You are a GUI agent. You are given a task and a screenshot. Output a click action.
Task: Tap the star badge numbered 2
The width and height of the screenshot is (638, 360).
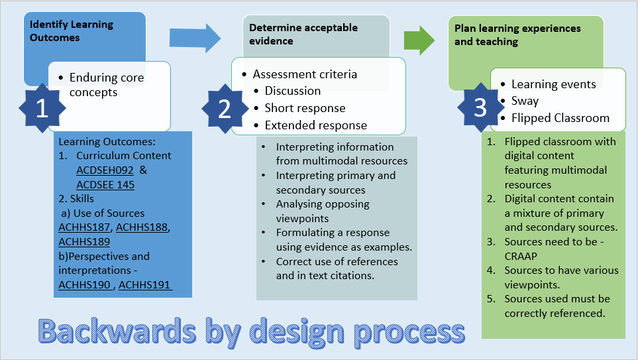[225, 109]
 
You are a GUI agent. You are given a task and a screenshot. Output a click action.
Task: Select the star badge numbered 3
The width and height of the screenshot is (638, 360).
[481, 108]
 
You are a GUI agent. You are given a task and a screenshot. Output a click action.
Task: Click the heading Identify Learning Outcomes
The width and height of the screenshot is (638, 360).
[72, 31]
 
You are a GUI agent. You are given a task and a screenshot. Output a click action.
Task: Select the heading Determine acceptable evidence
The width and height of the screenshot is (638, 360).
[303, 34]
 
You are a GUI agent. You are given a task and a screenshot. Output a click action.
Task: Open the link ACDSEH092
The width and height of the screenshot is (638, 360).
[105, 170]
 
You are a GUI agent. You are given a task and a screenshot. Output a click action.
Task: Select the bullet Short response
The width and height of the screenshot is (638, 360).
[305, 108]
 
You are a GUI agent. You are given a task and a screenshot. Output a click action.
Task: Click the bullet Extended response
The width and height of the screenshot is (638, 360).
[315, 125]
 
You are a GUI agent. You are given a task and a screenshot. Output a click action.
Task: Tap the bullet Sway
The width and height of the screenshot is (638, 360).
[525, 101]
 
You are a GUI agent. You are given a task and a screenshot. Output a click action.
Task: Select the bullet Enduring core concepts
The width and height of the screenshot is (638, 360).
[106, 85]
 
